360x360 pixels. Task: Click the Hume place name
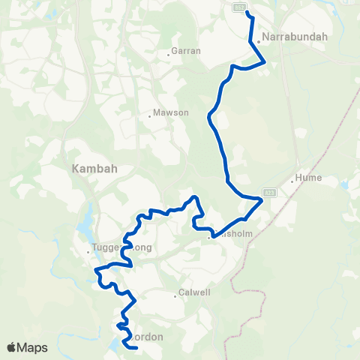click(x=309, y=178)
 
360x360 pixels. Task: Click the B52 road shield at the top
click(x=239, y=6)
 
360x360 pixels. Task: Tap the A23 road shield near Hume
click(x=270, y=193)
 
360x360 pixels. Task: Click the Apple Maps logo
click(x=28, y=347)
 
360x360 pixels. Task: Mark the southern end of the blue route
click(x=136, y=347)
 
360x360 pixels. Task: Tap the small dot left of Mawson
click(x=150, y=115)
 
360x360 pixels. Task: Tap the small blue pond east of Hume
click(x=344, y=184)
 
